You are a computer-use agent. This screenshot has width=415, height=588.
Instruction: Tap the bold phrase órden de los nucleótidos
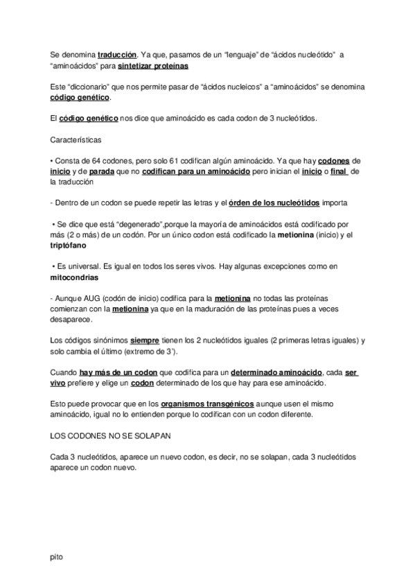tap(274, 202)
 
